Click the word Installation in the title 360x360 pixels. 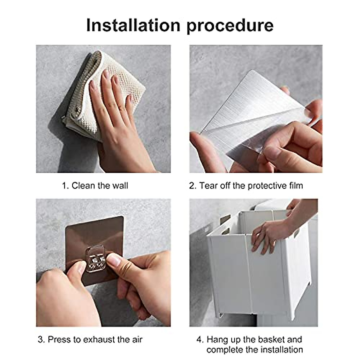pyautogui.click(x=133, y=25)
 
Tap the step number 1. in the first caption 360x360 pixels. pyautogui.click(x=66, y=186)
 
